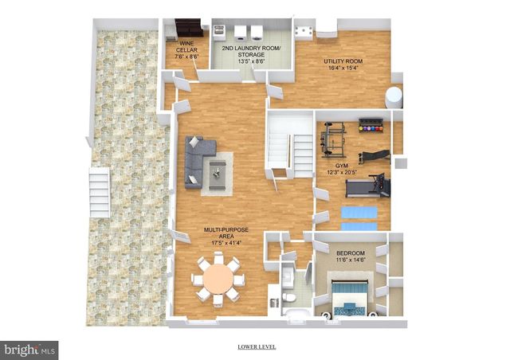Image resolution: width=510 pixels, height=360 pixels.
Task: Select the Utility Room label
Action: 343,65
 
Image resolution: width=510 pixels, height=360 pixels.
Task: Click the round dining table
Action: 216,279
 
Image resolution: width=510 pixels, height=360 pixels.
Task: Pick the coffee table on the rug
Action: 217,172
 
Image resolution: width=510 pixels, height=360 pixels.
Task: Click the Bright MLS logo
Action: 29,349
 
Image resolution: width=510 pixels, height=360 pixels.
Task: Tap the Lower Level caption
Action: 257,347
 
